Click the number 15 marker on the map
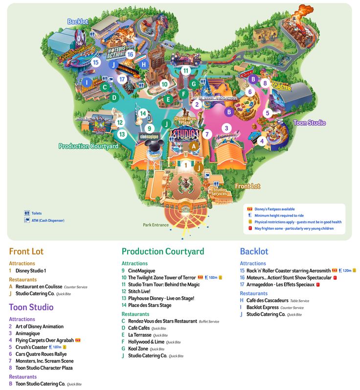pos(96,62)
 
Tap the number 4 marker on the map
pos(261,141)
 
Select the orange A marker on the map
pos(193,146)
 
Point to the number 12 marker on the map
pos(120,123)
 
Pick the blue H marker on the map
pos(143,64)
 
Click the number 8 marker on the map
pos(265,83)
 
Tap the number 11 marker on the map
pos(185,70)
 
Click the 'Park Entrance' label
pos(156,225)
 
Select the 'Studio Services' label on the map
pos(219,192)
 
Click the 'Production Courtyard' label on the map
pos(88,146)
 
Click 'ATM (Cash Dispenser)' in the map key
pos(48,220)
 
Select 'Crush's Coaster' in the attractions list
pos(32,347)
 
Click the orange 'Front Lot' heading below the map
pos(26,252)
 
